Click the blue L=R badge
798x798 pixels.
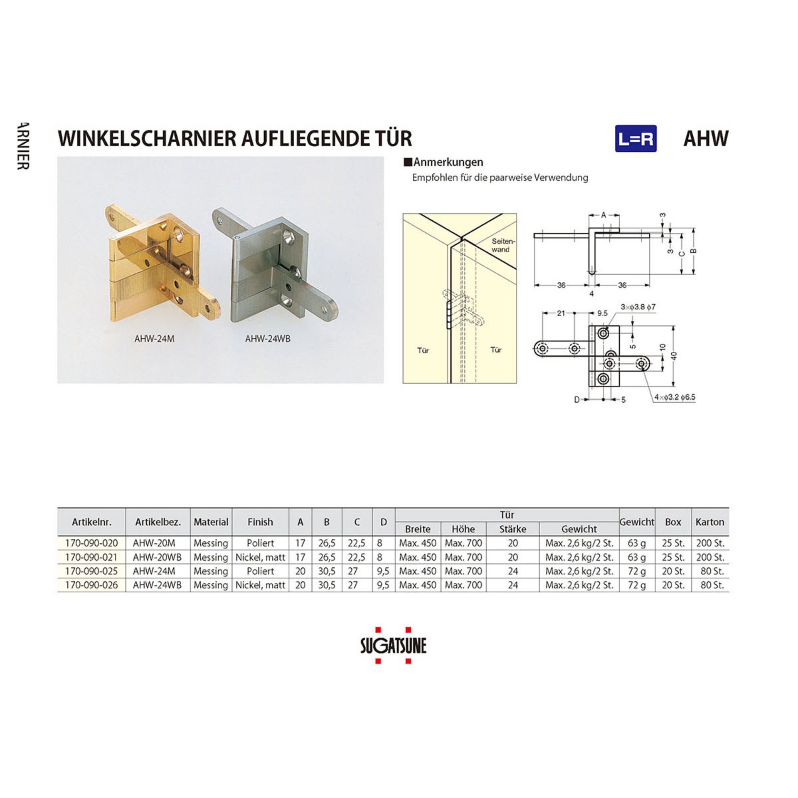pos(635,138)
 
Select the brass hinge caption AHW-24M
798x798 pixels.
pos(154,339)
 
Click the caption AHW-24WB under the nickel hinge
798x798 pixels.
pos(268,339)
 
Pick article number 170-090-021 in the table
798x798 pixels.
pos(91,557)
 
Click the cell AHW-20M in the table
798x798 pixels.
pos(154,543)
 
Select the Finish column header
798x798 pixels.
pos(260,522)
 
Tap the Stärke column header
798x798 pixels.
pos(513,529)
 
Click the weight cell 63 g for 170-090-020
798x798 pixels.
pos(637,543)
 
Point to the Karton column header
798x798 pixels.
pos(710,522)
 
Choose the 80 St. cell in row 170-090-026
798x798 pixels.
pos(712,585)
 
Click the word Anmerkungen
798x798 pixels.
pos(448,162)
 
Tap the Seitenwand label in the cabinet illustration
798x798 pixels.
pos(503,245)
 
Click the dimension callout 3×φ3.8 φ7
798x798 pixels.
pos(638,307)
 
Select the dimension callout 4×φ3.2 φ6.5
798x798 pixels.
pos(675,397)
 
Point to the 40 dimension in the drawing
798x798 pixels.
pos(674,356)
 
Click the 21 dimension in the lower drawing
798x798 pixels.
pos(561,313)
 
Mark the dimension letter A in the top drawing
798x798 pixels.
pos(603,215)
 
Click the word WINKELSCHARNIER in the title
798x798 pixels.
pos(148,138)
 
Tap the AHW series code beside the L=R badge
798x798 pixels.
pos(706,138)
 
